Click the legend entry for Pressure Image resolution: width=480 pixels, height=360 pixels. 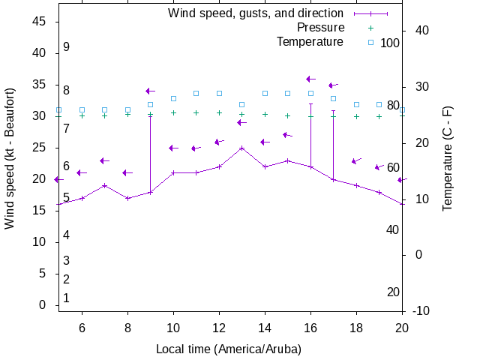[x=320, y=28]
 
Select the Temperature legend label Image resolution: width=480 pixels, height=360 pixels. [x=310, y=42]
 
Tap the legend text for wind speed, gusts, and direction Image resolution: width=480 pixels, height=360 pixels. [x=255, y=13]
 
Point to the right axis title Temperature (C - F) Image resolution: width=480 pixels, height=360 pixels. [x=447, y=157]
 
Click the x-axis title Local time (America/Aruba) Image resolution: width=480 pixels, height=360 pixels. [x=229, y=349]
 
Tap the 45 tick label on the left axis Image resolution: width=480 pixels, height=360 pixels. [x=40, y=22]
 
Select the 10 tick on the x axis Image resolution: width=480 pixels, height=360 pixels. [x=173, y=328]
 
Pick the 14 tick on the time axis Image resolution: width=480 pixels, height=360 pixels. [x=265, y=328]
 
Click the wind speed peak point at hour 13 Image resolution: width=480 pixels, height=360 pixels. [x=241, y=148]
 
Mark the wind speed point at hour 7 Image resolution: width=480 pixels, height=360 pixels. [x=105, y=185]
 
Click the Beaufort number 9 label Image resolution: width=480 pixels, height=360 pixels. [x=67, y=47]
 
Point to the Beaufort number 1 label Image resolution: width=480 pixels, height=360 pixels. [x=67, y=298]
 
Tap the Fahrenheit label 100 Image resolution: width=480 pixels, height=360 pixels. [x=390, y=43]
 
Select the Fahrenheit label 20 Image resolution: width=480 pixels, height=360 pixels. [x=393, y=292]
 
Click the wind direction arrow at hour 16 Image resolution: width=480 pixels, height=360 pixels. [x=310, y=79]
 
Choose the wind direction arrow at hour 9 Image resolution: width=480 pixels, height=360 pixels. [x=150, y=91]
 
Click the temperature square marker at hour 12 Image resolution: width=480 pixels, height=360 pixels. [x=219, y=94]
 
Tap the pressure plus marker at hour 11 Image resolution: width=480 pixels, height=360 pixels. [x=196, y=113]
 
